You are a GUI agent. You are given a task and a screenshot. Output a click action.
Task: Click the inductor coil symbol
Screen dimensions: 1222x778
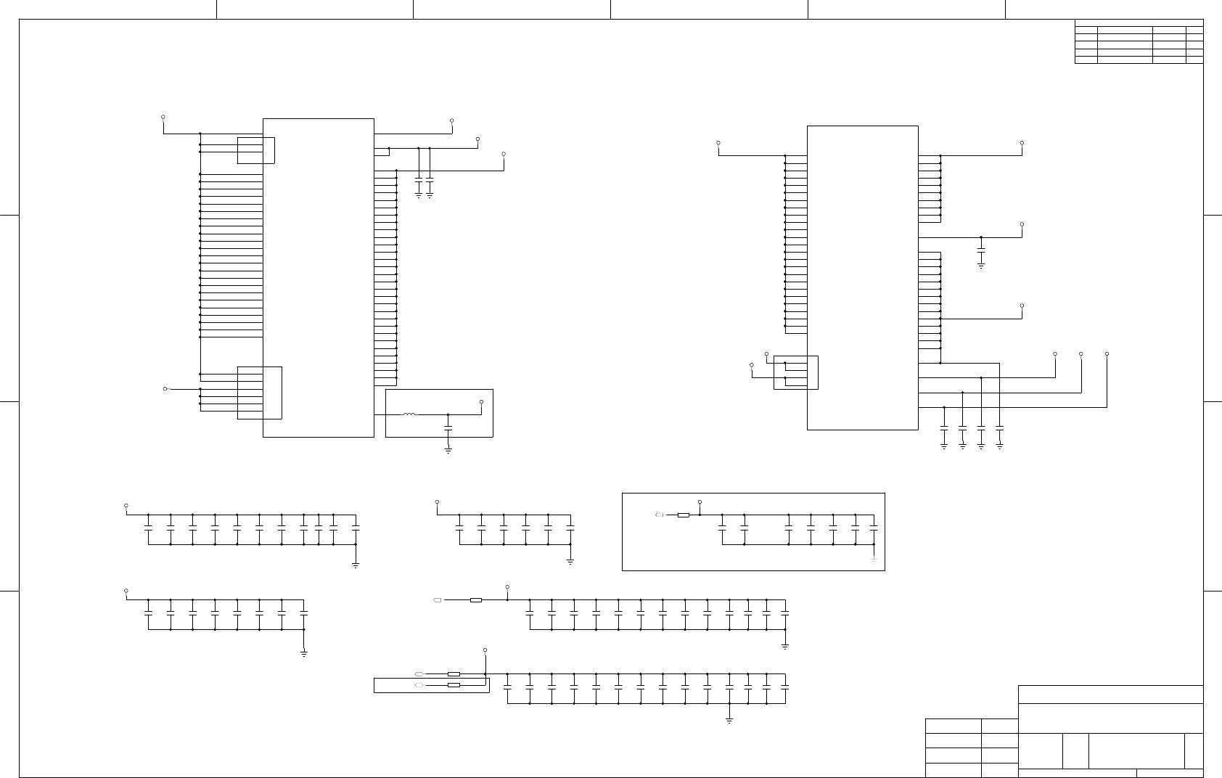(409, 414)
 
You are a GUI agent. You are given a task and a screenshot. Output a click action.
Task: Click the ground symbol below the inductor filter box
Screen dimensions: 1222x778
(448, 451)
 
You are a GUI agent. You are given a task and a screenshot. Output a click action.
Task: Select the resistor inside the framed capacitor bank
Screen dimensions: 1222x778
(683, 515)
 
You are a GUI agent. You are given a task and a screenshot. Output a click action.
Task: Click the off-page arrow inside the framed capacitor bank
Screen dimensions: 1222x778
(659, 515)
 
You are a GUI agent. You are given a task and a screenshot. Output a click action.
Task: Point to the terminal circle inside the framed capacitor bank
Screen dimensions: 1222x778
(700, 501)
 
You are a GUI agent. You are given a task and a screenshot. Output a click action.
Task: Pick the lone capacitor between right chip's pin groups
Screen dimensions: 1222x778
(981, 250)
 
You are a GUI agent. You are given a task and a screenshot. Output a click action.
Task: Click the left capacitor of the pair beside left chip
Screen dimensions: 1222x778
(419, 178)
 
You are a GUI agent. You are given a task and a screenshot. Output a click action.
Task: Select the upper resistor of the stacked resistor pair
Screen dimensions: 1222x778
(454, 674)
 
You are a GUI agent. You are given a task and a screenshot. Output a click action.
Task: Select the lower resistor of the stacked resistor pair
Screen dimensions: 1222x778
(454, 685)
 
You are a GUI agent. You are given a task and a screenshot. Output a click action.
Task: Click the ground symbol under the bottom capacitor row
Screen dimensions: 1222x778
(729, 719)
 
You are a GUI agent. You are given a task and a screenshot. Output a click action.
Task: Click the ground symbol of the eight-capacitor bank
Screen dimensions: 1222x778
(304, 653)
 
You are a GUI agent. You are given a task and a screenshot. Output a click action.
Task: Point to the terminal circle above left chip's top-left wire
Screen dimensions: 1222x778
(163, 117)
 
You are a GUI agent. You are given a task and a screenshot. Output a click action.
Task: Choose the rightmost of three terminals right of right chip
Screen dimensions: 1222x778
(1107, 354)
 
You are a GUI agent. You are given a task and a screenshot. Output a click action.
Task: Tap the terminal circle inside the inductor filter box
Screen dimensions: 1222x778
(482, 401)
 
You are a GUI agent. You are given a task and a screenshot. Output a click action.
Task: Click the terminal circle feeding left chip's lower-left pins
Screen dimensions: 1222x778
(165, 389)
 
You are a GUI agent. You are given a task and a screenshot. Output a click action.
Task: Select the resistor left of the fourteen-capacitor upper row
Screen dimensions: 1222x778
(476, 600)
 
